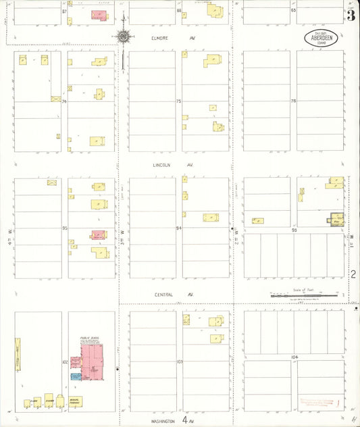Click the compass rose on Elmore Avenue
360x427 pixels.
[124, 37]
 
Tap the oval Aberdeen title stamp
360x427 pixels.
[321, 38]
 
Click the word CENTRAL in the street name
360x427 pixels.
[163, 295]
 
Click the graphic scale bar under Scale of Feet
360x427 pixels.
[303, 295]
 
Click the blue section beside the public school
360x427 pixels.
[76, 376]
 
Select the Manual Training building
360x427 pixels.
[75, 402]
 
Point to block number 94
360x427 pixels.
[179, 228]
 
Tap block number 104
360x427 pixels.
[294, 356]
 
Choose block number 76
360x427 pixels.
[293, 101]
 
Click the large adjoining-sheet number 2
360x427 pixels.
[353, 274]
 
